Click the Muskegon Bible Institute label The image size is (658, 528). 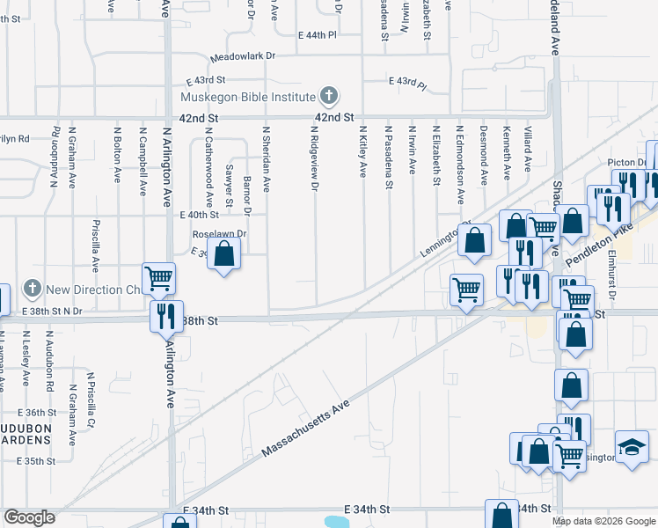(247, 96)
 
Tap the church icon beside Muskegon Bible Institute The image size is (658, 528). (328, 95)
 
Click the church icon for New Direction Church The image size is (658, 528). (32, 288)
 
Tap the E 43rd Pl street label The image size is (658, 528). (407, 84)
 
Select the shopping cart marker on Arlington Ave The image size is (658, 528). (159, 279)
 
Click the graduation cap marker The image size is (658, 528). (631, 446)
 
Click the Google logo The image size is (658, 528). (29, 517)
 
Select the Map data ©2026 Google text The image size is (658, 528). (603, 521)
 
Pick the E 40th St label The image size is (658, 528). (198, 215)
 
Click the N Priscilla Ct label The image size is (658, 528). (90, 400)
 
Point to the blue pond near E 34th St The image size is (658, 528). (337, 522)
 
